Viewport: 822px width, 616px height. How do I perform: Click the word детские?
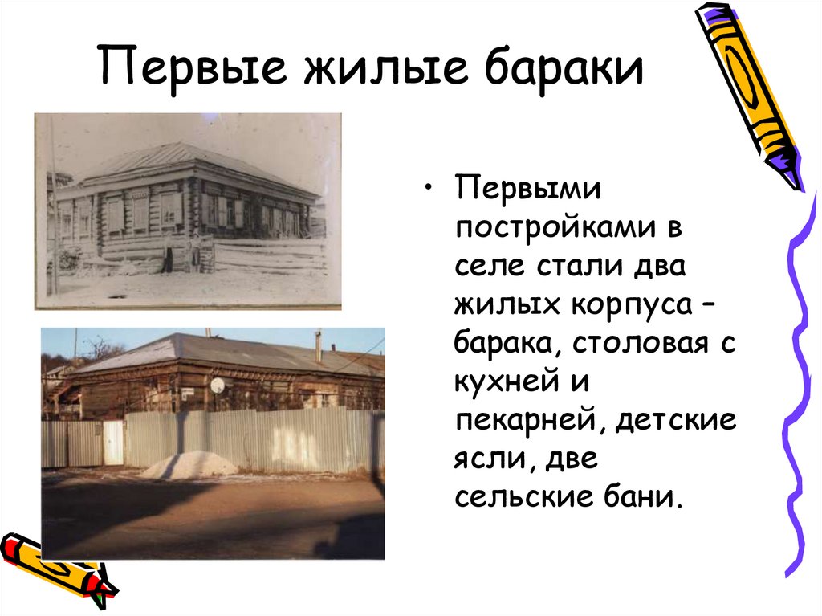point(674,421)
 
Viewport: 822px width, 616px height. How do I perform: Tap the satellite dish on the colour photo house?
point(218,386)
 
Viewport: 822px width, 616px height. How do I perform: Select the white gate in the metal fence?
point(113,443)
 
